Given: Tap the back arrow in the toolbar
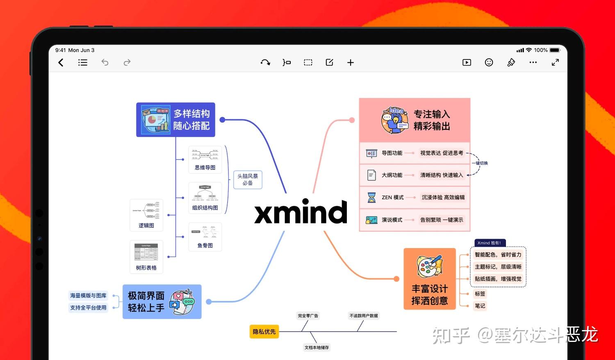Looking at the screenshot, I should pyautogui.click(x=61, y=62).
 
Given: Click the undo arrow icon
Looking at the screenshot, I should pyautogui.click(x=105, y=62).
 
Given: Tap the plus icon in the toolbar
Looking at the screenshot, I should pyautogui.click(x=351, y=62).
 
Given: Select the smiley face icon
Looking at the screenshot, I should pyautogui.click(x=489, y=62).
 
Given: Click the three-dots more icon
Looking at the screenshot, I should pyautogui.click(x=533, y=62).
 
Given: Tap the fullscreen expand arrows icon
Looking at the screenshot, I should pyautogui.click(x=555, y=62).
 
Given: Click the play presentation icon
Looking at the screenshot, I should pyautogui.click(x=467, y=62).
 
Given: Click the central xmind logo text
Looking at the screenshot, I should pyautogui.click(x=301, y=212).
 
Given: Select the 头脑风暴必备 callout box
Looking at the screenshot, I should pyautogui.click(x=248, y=180).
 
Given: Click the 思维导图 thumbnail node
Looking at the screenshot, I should pyautogui.click(x=205, y=159).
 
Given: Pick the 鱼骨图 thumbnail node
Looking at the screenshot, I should pyautogui.click(x=205, y=237).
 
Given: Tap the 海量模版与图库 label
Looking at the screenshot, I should pyautogui.click(x=88, y=296).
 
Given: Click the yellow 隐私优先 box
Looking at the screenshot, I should pyautogui.click(x=264, y=332).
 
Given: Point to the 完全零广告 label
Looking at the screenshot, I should pyautogui.click(x=308, y=316).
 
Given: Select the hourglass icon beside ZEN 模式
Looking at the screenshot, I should pyautogui.click(x=371, y=198).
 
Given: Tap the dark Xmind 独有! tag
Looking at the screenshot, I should pyautogui.click(x=490, y=243).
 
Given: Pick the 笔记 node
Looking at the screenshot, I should pyautogui.click(x=480, y=306).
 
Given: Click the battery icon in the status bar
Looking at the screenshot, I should pyautogui.click(x=555, y=50).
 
